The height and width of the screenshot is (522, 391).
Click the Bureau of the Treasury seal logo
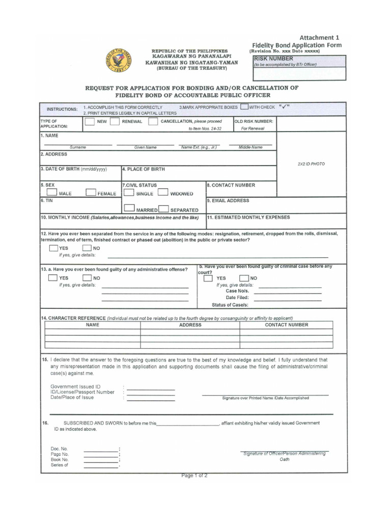118,60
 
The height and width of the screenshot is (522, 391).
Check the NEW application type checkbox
90,122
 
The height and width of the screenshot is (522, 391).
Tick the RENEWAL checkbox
115,122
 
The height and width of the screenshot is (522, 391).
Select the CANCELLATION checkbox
153,122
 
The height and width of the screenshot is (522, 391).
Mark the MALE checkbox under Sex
51,193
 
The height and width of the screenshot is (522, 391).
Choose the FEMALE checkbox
91,193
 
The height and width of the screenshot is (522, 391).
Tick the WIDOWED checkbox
163,193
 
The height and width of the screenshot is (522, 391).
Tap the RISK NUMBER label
273,59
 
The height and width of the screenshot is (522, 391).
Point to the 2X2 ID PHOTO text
311,164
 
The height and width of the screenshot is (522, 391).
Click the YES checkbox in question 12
53,248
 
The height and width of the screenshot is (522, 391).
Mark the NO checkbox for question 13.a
88,278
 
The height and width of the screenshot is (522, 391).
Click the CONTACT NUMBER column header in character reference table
286,325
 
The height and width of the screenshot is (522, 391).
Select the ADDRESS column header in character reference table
190,325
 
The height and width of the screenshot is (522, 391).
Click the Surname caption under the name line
78,147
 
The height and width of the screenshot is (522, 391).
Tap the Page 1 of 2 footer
194,476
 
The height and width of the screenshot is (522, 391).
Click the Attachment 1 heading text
319,37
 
